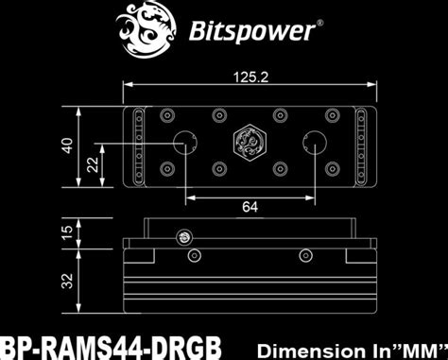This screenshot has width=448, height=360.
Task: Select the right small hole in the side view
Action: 306,256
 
